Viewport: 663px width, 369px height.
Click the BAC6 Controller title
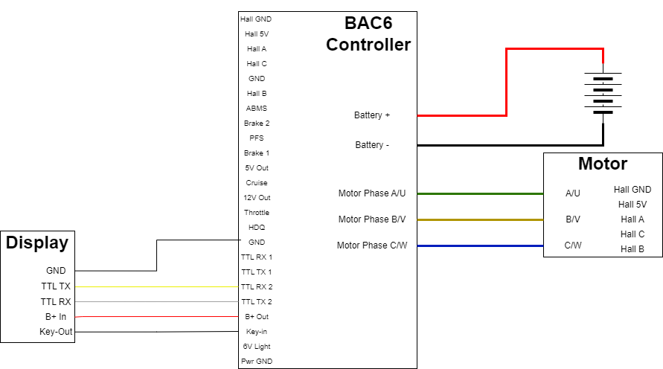click(x=368, y=33)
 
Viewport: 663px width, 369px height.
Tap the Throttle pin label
click(x=257, y=213)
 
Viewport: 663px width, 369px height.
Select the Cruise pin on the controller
click(x=257, y=183)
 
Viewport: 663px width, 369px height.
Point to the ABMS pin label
click(x=257, y=109)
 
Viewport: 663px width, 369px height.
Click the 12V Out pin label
click(x=257, y=198)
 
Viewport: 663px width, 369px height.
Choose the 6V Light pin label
click(x=257, y=347)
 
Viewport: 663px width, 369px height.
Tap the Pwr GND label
click(x=257, y=362)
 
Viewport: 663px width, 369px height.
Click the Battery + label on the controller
click(x=372, y=115)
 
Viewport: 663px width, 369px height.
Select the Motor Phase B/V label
click(x=372, y=219)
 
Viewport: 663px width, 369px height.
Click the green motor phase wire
click(x=481, y=194)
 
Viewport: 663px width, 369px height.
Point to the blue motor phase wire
click(x=481, y=246)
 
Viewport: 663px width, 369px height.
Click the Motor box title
click(x=603, y=164)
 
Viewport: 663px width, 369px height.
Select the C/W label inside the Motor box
click(x=573, y=246)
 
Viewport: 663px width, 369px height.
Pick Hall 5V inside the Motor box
click(x=632, y=205)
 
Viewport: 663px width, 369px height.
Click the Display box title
click(x=37, y=243)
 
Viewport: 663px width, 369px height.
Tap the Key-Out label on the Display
click(x=56, y=332)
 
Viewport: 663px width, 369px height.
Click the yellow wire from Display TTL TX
click(x=156, y=287)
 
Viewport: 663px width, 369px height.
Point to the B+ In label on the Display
click(x=56, y=317)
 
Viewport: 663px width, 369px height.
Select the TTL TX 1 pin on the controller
click(x=257, y=272)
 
